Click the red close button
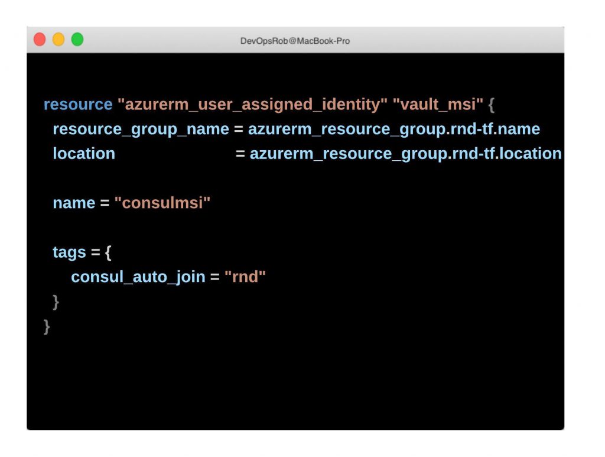(40, 40)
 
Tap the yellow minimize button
(58, 40)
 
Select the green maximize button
(77, 40)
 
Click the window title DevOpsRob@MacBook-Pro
(295, 41)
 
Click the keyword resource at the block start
(78, 104)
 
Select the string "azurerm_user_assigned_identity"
(252, 104)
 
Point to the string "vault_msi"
(438, 104)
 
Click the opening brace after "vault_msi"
(491, 105)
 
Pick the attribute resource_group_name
(141, 129)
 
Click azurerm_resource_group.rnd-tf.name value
(394, 129)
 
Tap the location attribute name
(84, 154)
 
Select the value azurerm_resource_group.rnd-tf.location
(405, 154)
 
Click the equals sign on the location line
(240, 154)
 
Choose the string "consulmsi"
(162, 203)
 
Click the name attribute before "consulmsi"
(74, 203)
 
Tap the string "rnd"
(245, 277)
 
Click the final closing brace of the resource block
(47, 327)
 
